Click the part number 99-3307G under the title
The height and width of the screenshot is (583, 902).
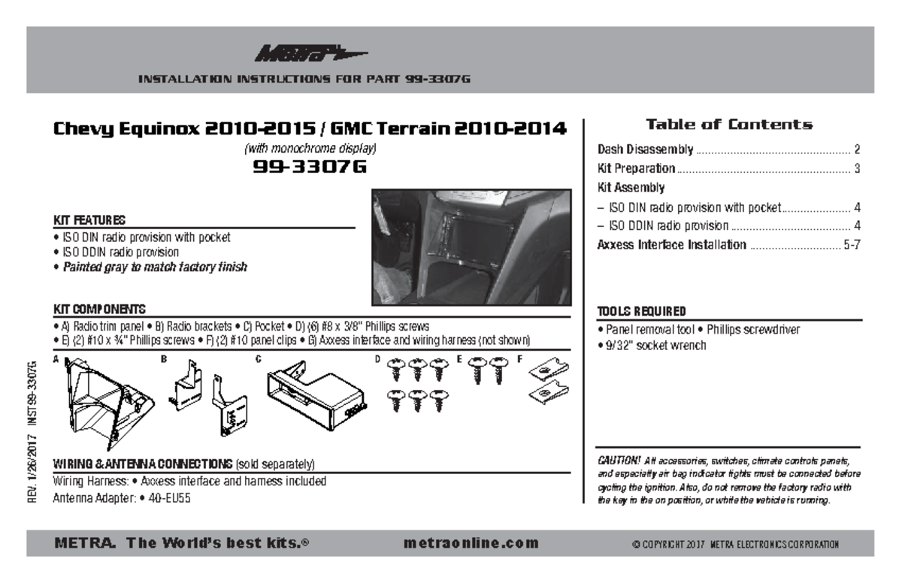click(x=309, y=167)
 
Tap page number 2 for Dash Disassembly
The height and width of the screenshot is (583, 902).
click(x=856, y=150)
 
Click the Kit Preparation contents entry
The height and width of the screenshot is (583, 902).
click(x=636, y=168)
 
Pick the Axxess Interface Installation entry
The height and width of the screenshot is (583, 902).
click(x=671, y=245)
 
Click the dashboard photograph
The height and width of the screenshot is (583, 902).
click(x=471, y=247)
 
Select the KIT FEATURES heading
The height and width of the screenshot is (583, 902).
click(x=89, y=220)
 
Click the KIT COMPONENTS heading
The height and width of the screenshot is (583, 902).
click(x=99, y=310)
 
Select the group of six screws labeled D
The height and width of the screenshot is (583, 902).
click(x=416, y=385)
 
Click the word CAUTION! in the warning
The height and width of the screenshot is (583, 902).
click(x=619, y=460)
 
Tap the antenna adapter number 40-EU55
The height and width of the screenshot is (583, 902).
click(x=168, y=497)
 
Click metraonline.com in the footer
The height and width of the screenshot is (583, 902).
click(x=471, y=543)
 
